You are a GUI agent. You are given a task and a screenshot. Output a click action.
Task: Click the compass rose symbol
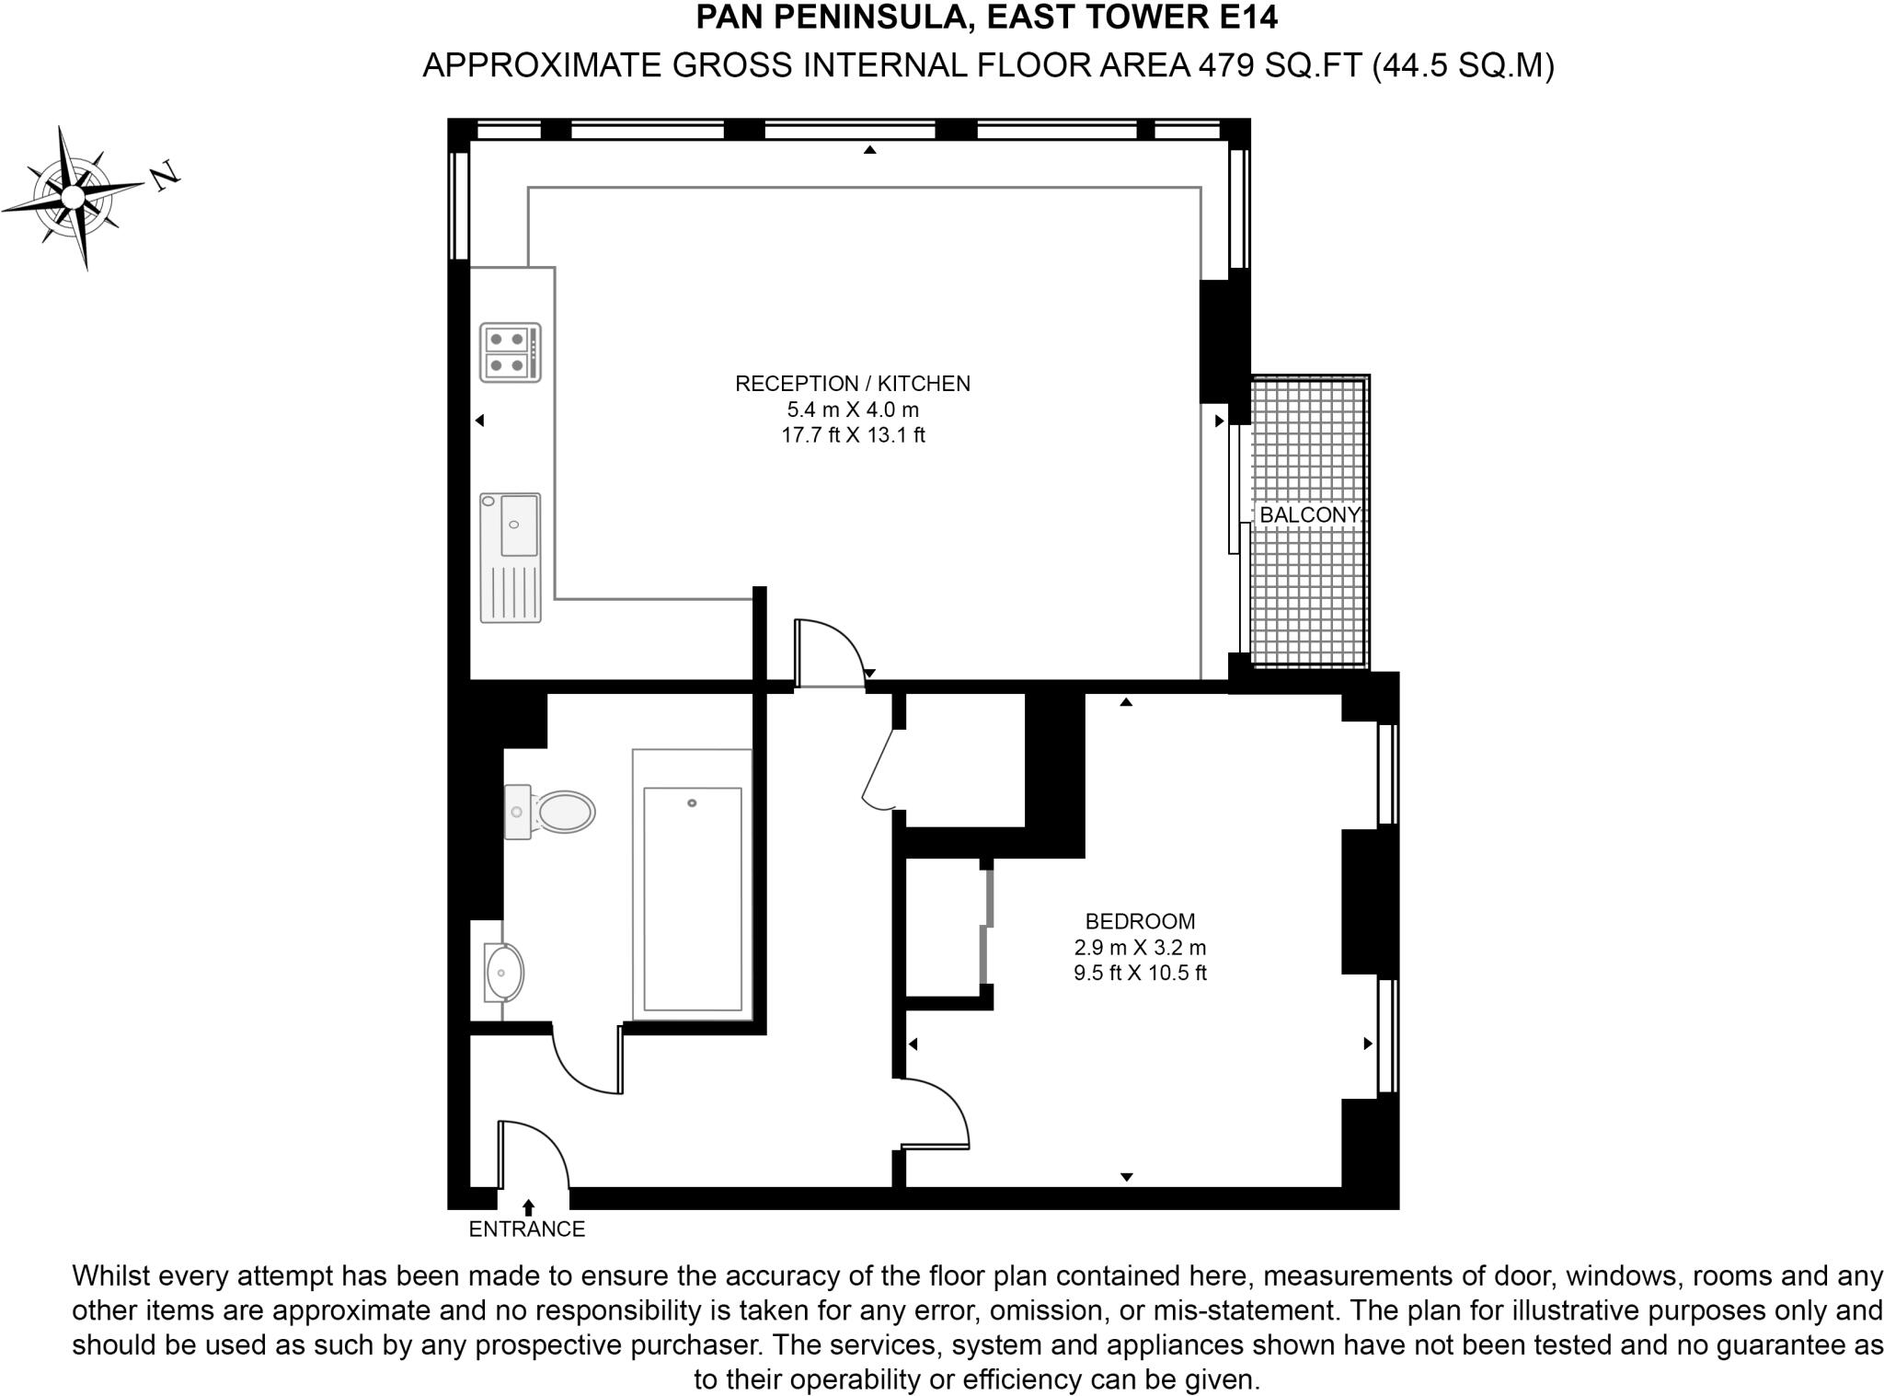pyautogui.click(x=73, y=197)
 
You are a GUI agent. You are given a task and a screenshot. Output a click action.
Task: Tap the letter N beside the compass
pyautogui.click(x=166, y=175)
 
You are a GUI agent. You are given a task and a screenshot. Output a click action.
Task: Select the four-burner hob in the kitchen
pyautogui.click(x=510, y=352)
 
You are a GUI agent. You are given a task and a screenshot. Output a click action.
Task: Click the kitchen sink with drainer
pyautogui.click(x=510, y=558)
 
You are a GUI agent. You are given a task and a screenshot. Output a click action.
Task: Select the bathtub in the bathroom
pyautogui.click(x=692, y=884)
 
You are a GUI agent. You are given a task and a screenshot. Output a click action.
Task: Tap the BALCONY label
pyautogui.click(x=1308, y=515)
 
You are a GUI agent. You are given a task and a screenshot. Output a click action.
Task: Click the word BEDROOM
pyautogui.click(x=1140, y=921)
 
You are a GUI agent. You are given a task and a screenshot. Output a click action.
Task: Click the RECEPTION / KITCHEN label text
pyautogui.click(x=852, y=384)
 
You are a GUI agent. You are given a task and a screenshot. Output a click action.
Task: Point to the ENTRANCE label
pyautogui.click(x=526, y=1229)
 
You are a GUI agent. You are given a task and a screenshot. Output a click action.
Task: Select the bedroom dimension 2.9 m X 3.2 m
pyautogui.click(x=1140, y=947)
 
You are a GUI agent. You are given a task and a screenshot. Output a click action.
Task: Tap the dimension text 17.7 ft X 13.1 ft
pyautogui.click(x=853, y=435)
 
